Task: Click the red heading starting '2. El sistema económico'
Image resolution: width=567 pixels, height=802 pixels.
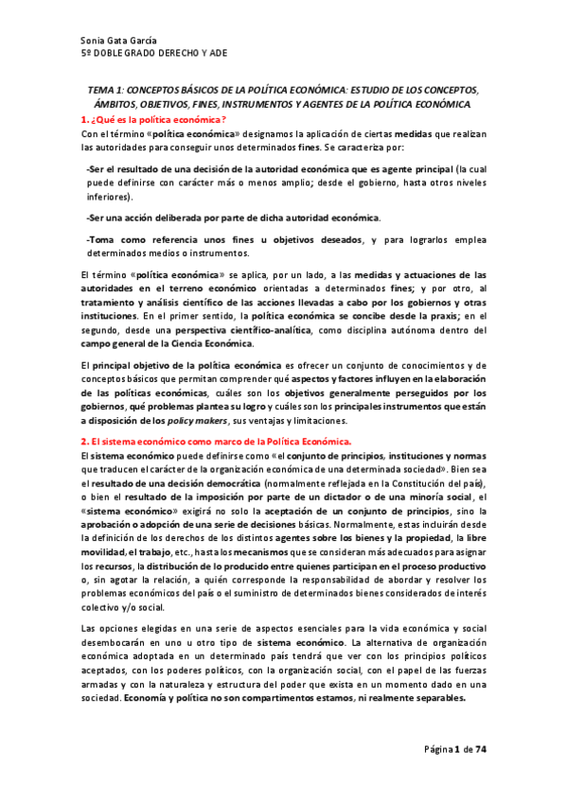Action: click(x=216, y=442)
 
